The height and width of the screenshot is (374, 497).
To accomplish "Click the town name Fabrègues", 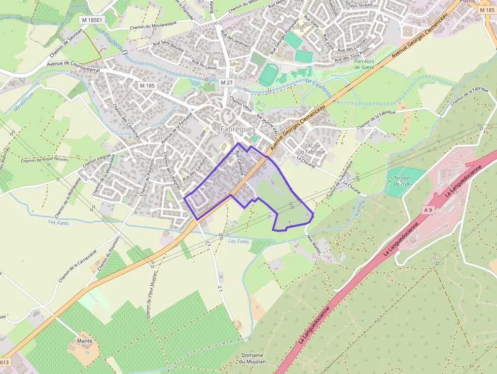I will click(238, 129).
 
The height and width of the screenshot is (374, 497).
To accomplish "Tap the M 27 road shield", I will click(226, 82).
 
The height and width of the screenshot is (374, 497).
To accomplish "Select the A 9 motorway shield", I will click(428, 209).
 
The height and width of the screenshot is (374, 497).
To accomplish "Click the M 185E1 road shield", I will click(91, 20).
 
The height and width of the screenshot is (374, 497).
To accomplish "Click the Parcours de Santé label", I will click(364, 64).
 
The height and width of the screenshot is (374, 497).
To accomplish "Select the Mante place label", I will click(84, 341).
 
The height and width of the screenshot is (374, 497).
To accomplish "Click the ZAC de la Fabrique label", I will click(312, 149).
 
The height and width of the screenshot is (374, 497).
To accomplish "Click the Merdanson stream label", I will click(23, 102).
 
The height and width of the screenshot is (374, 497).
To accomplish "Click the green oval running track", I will click(266, 75).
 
